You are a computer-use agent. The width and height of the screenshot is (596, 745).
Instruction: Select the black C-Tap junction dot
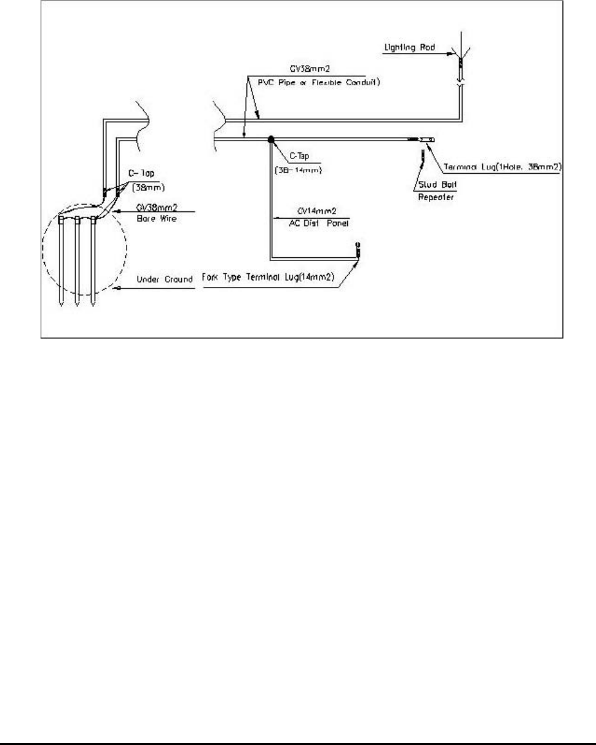[x=270, y=140]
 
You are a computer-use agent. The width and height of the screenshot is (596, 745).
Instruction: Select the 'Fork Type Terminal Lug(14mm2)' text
[x=267, y=279]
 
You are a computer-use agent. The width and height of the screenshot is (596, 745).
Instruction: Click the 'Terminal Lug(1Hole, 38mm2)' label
[x=499, y=166]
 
